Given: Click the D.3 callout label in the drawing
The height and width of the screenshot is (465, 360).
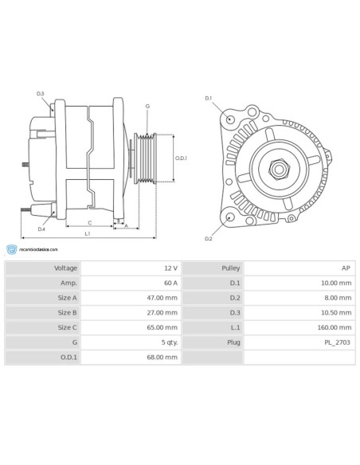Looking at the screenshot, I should [41, 94].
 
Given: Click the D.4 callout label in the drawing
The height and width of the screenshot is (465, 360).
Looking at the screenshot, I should [41, 229].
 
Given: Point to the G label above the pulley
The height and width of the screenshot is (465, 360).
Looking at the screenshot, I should [147, 106].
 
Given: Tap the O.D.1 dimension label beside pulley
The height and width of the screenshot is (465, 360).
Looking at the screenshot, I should [181, 158].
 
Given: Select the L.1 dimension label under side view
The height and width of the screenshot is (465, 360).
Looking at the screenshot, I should [87, 234].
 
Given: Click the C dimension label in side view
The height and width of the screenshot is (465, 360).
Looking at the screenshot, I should [89, 222].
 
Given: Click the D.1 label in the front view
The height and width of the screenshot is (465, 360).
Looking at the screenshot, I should [209, 98].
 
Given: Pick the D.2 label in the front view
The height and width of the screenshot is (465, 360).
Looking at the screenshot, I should [209, 238].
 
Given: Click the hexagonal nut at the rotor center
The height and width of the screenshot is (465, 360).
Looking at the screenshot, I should [280, 168].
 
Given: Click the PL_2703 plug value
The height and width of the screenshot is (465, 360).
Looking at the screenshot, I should [337, 342].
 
